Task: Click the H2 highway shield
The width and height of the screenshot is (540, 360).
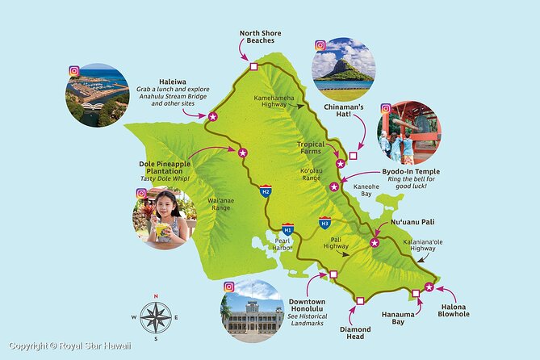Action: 266,191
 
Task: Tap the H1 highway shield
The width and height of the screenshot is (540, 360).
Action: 287,230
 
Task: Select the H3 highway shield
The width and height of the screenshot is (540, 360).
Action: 324,222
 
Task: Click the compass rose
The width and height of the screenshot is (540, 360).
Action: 156,316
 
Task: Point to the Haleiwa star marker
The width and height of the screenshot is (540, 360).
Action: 213,117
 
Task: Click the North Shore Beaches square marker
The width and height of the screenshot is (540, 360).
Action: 253,66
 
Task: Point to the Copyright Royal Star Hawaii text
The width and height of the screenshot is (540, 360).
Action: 69,348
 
